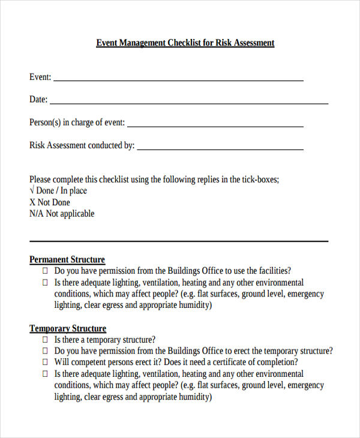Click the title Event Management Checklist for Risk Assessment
tap(185, 43)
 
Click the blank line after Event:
tap(178, 80)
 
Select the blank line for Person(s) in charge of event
tap(215, 126)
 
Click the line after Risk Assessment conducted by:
tap(220, 149)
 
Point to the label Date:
tap(38, 100)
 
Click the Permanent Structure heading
tap(67, 260)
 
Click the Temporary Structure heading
tap(68, 328)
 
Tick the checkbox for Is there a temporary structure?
tap(45, 340)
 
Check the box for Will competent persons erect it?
tap(45, 362)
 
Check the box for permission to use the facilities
tap(45, 271)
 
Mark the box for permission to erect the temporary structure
tap(45, 351)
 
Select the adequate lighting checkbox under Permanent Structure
tap(45, 283)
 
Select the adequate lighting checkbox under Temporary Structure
tap(45, 374)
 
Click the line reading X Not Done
tap(50, 202)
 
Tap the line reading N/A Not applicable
tap(62, 214)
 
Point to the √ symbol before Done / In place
tap(32, 191)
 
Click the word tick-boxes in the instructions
tap(260, 179)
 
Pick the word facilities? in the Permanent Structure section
tap(273, 271)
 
